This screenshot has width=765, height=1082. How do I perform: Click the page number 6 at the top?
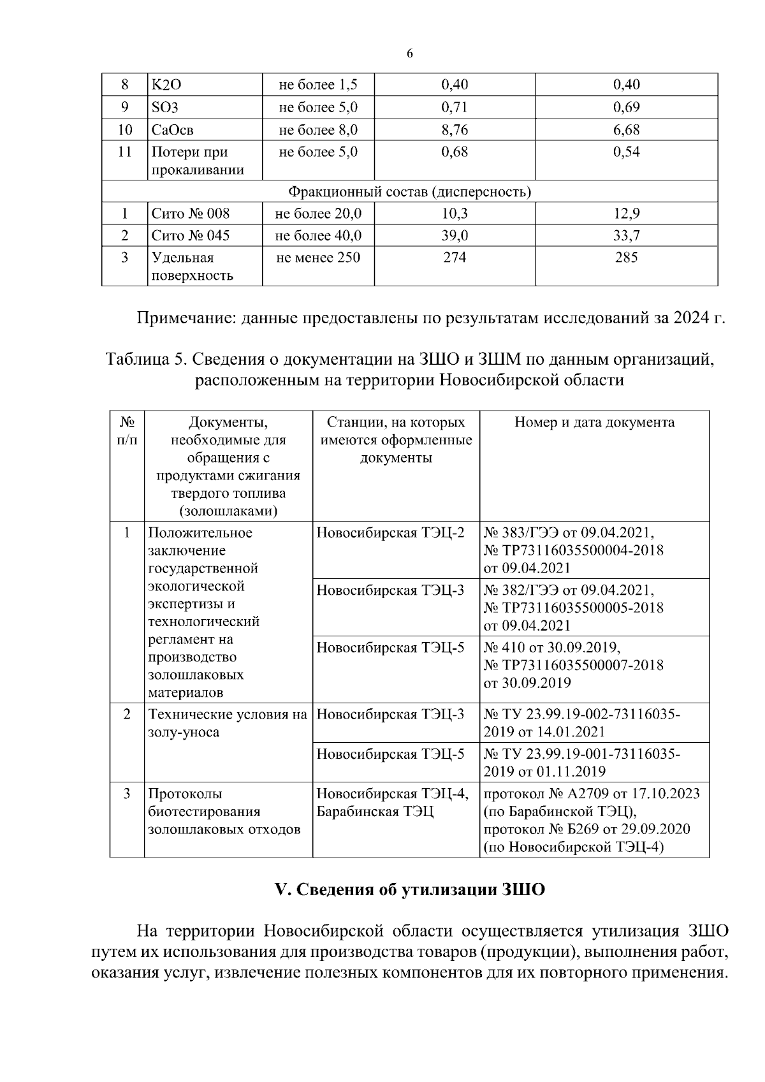(x=409, y=54)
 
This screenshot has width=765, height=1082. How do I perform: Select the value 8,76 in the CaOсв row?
(x=454, y=130)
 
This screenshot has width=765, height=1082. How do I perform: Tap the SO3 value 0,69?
(x=626, y=107)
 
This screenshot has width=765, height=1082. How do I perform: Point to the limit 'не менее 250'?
(x=318, y=258)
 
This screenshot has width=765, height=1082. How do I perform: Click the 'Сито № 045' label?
(x=190, y=235)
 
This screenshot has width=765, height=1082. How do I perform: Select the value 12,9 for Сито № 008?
(x=626, y=213)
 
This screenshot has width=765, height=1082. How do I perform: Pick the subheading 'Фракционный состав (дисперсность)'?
(x=409, y=191)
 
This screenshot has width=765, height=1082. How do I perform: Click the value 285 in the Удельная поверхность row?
(x=626, y=258)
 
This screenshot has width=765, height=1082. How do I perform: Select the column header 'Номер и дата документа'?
(x=594, y=422)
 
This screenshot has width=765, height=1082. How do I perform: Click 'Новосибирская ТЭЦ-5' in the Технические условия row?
(x=390, y=754)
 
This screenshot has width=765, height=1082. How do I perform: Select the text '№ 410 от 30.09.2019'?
(x=552, y=648)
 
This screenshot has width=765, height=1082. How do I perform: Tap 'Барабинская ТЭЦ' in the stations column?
(x=374, y=812)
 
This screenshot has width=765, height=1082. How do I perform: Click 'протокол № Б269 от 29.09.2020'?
(x=587, y=830)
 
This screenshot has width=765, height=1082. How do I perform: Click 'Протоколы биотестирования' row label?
(x=204, y=803)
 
